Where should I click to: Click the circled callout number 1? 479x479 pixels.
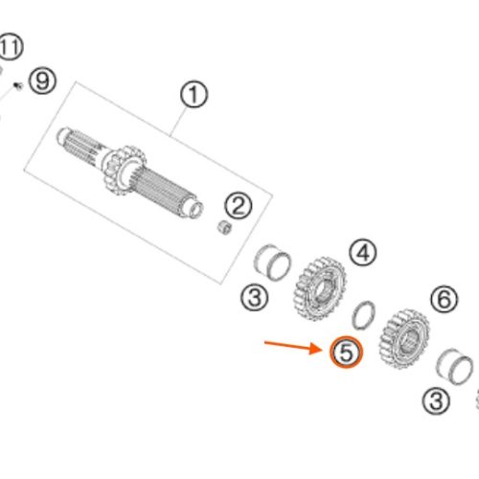point(194,94)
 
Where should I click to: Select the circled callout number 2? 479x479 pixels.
point(239,206)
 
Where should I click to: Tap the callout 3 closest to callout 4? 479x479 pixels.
point(254,298)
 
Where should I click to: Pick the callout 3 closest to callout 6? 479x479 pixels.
point(436,400)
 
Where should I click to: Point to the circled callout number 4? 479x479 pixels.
point(363,253)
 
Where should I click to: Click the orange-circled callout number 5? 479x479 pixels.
point(347,352)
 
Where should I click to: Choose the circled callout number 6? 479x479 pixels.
point(445,299)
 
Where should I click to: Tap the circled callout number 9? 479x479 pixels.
point(42,80)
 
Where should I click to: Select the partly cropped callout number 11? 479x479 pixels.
point(11,46)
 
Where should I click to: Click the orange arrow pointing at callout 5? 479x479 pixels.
point(293,346)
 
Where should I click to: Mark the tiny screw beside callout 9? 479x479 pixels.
point(18,86)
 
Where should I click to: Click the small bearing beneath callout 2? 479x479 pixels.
point(225,227)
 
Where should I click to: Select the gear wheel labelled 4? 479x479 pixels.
point(319,288)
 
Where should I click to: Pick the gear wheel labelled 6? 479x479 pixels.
point(404,338)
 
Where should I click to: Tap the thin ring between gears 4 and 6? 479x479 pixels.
point(363,315)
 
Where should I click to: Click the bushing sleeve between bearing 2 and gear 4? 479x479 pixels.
point(272,262)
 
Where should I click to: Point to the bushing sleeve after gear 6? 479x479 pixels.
point(454,366)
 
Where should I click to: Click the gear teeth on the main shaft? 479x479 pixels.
point(125,171)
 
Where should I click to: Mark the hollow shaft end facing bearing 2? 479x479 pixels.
point(194,209)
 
